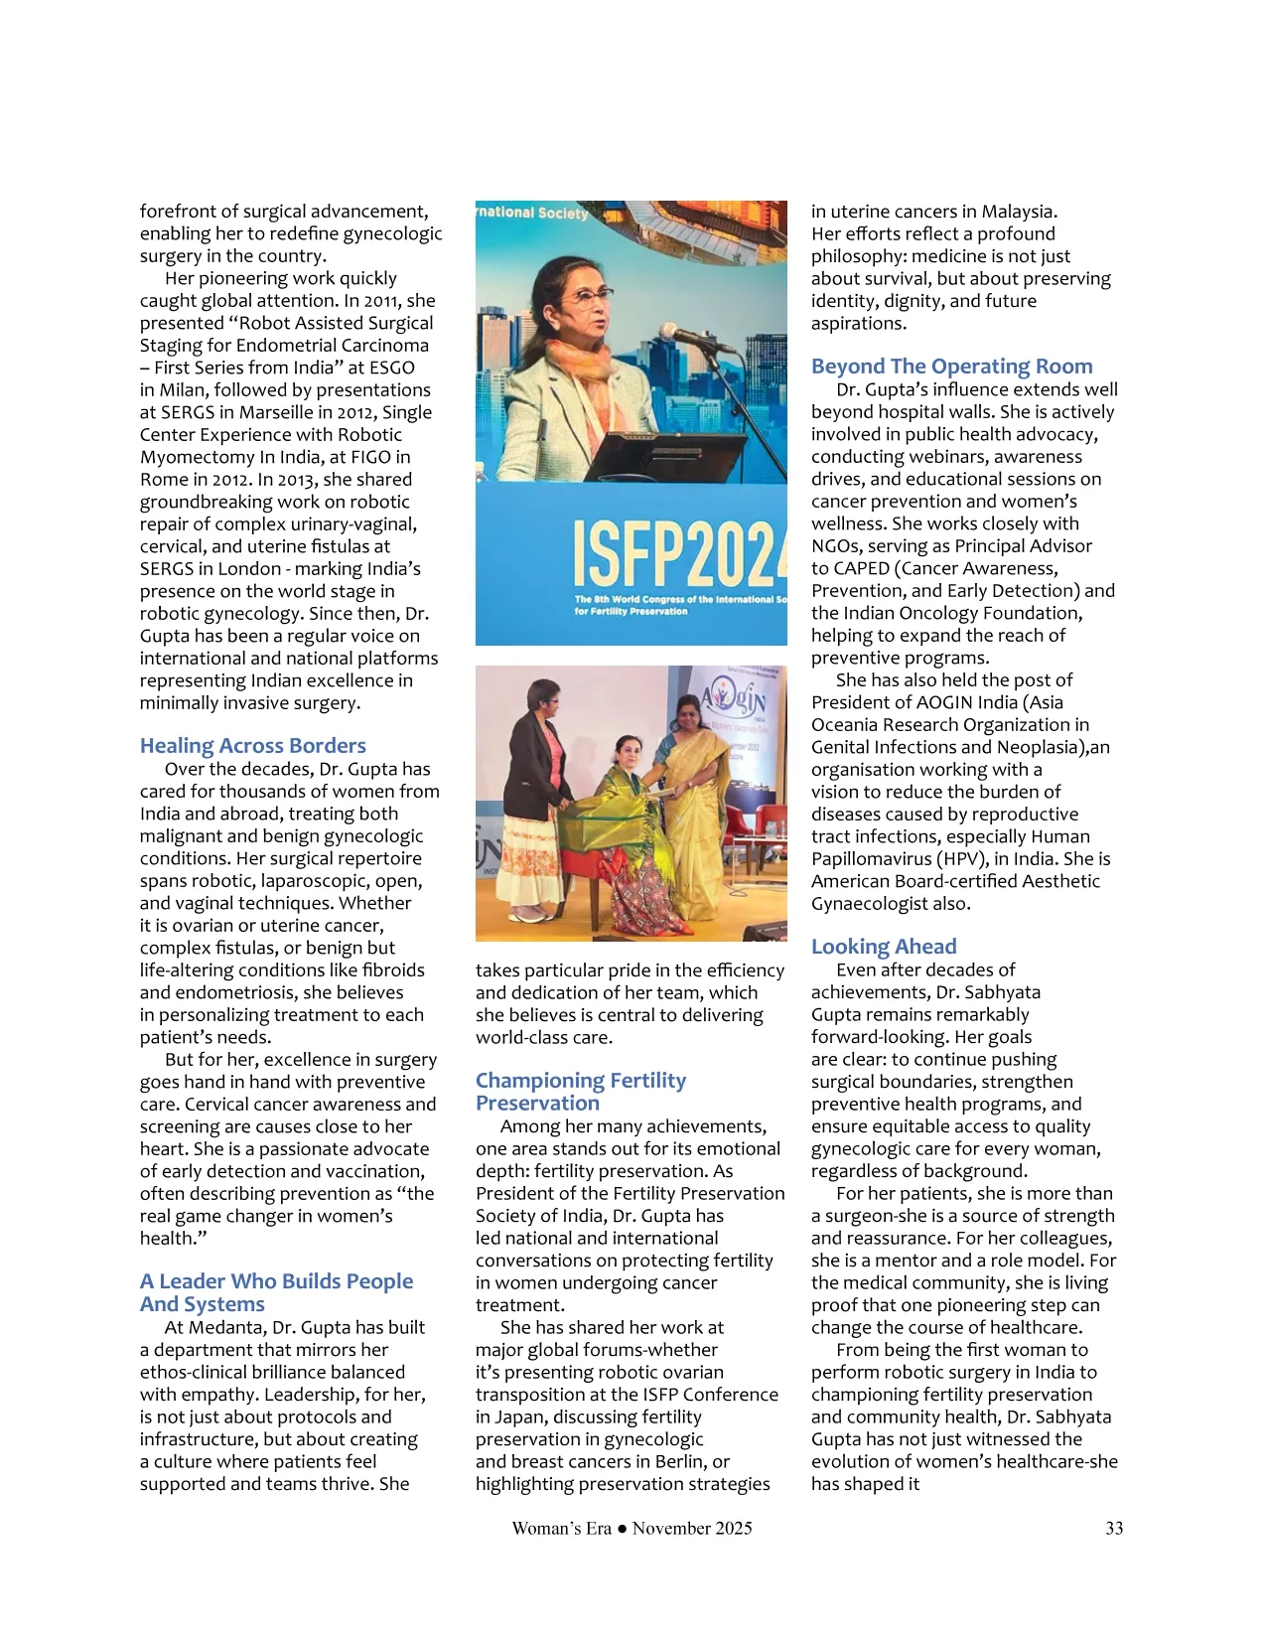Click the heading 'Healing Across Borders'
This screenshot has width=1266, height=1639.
(252, 746)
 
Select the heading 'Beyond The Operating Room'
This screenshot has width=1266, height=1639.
(951, 367)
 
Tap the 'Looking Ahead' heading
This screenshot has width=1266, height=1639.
(884, 947)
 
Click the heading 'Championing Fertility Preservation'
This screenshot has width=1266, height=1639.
(580, 1091)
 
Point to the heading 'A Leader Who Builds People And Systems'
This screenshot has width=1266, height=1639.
(276, 1292)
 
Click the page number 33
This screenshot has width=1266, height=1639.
(1114, 1528)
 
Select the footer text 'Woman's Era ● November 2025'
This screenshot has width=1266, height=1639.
(632, 1528)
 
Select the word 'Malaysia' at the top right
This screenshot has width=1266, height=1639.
(1018, 212)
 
